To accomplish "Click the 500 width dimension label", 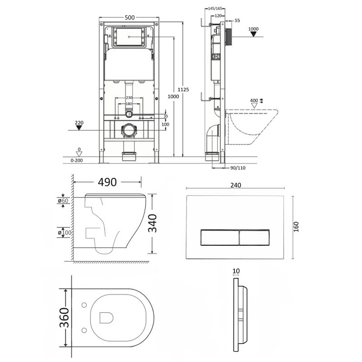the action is point(129,18).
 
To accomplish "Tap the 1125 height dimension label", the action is point(183,90).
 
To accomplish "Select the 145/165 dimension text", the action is point(215,9).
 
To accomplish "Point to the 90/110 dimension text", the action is point(238,168).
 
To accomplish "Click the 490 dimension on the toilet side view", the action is point(107,182).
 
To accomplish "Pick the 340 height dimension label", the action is point(152,223).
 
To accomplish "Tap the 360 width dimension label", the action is point(64,318).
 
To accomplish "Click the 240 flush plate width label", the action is point(236,185).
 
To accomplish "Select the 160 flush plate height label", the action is point(296,227).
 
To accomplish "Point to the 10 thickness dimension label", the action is point(236,271).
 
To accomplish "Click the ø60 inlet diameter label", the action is point(63,200).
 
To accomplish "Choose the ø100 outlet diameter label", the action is point(65,233).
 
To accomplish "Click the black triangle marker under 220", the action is point(79,128).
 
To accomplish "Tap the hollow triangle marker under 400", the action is point(254,106).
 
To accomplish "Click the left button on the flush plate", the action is point(220,237).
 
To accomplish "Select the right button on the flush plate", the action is point(254,237).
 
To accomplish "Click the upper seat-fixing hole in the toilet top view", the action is point(84,305).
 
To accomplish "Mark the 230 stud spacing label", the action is point(129,98).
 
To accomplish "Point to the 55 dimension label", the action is point(237,20).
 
